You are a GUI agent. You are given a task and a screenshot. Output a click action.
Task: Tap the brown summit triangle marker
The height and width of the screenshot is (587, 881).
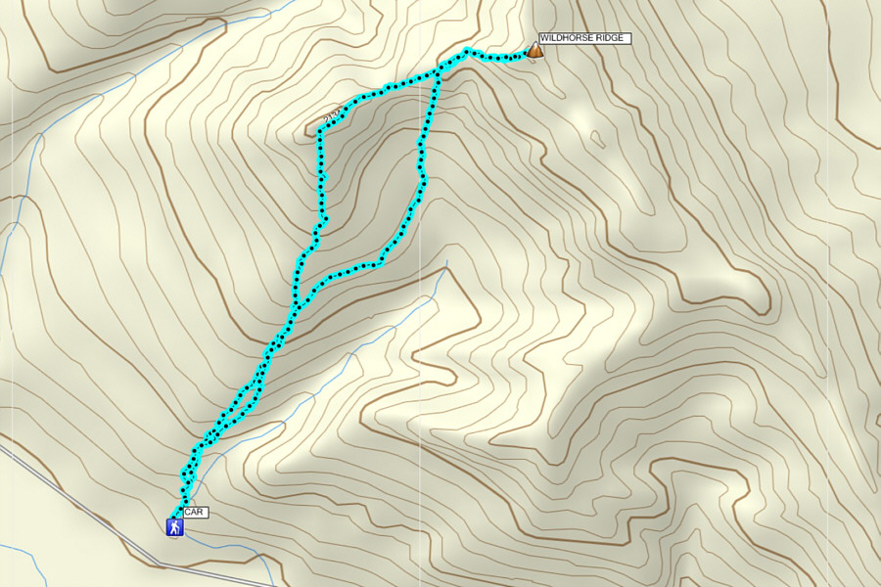pos(535,50)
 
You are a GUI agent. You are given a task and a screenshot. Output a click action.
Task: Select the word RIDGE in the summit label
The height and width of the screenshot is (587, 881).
pos(608,38)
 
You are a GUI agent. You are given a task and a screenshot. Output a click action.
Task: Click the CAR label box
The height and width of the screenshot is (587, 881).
pos(195,512)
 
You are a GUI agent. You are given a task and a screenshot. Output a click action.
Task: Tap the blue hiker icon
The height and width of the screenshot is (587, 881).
pos(173,527)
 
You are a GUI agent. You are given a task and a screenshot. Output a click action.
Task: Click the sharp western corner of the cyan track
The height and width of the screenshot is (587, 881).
pos(320,132)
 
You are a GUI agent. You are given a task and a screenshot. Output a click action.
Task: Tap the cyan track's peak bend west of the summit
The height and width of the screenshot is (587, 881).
pos(467,51)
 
